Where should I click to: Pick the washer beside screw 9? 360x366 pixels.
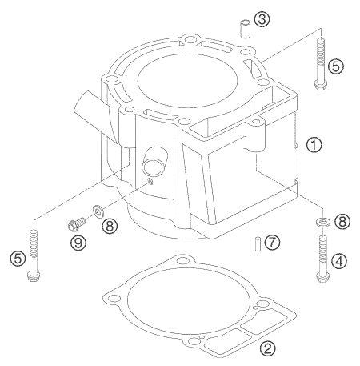(x=96, y=211)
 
